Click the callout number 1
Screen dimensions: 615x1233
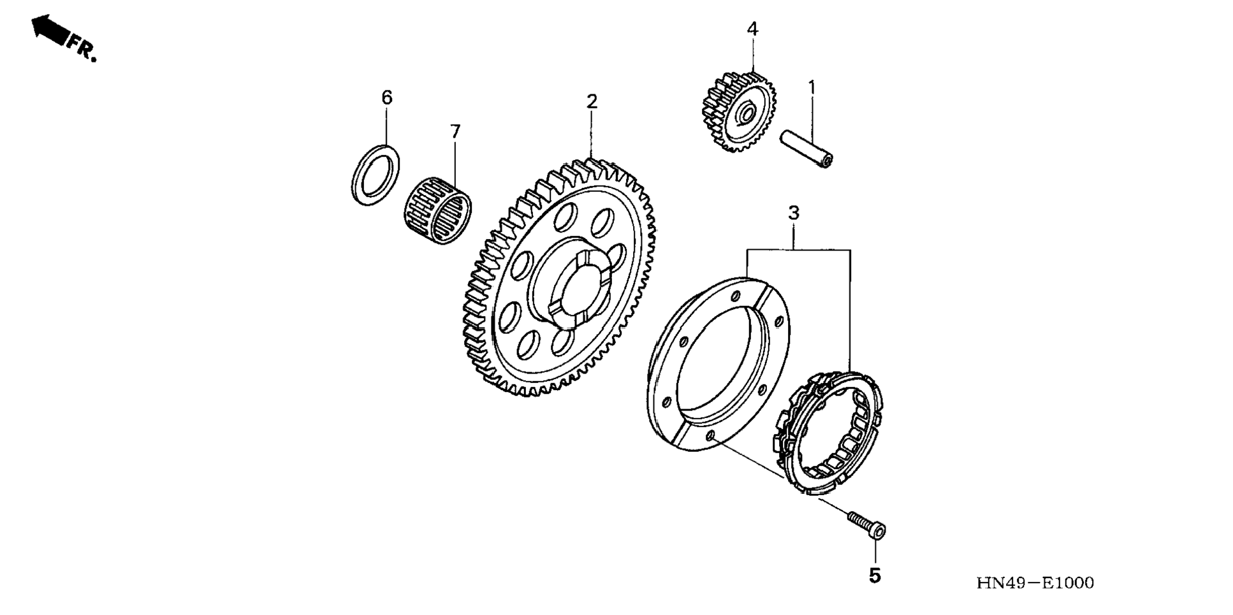812,87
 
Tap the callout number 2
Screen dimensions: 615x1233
592,101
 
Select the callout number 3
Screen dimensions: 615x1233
793,213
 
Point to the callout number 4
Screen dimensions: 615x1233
752,29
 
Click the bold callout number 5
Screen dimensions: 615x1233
875,576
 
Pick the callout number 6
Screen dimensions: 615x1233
386,98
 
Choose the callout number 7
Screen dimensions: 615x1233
455,132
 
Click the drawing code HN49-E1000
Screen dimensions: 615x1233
1035,582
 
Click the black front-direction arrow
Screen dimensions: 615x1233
50,29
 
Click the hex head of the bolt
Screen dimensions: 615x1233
878,530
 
